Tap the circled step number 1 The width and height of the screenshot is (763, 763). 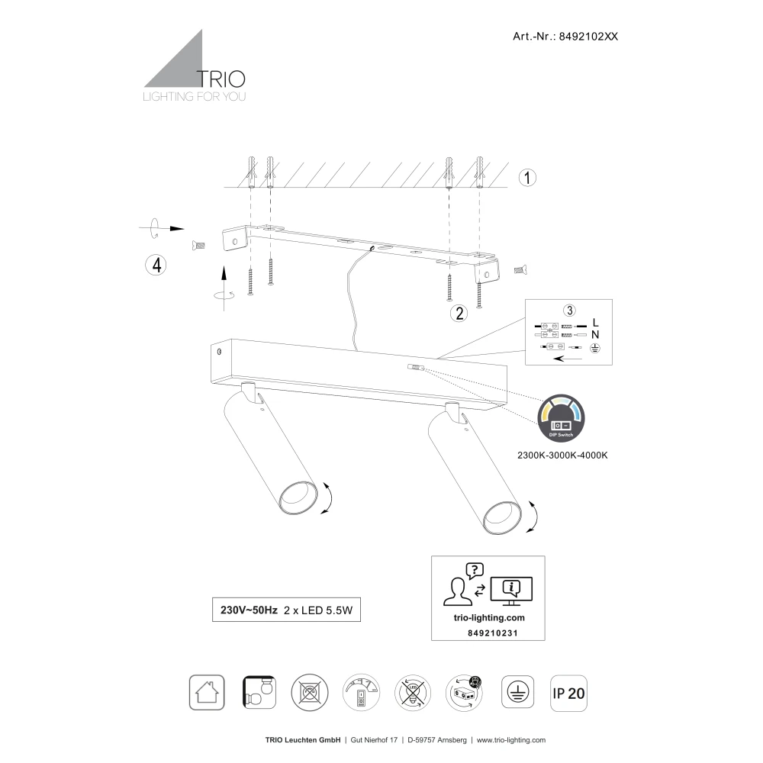click(527, 177)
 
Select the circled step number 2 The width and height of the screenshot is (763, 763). click(459, 312)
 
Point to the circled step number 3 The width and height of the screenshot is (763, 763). click(568, 310)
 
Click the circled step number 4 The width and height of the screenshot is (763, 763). click(156, 265)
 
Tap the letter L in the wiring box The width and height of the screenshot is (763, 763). click(596, 322)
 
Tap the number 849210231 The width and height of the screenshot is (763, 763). click(488, 633)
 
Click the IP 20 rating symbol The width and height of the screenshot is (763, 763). click(568, 693)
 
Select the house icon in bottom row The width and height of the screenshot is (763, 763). click(206, 693)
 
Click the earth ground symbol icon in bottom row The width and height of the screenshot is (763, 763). click(517, 693)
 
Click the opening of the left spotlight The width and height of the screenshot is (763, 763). click(296, 497)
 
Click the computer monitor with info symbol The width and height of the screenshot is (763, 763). click(511, 589)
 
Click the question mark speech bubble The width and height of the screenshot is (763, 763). click(475, 570)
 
